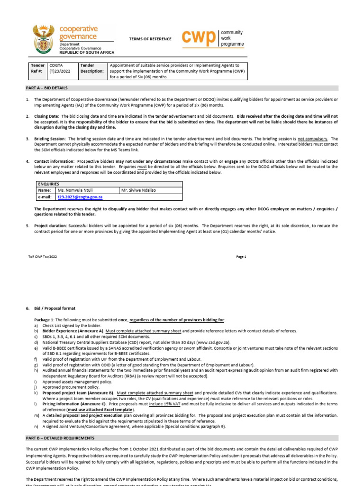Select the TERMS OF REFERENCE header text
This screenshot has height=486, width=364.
[150, 39]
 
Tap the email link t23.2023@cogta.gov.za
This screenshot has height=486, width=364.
[80, 196]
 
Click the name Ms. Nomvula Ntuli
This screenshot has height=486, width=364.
[75, 190]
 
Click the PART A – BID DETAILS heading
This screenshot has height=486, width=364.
[46, 88]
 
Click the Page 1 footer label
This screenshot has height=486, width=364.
[241, 256]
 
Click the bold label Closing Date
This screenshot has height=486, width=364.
[46, 116]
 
